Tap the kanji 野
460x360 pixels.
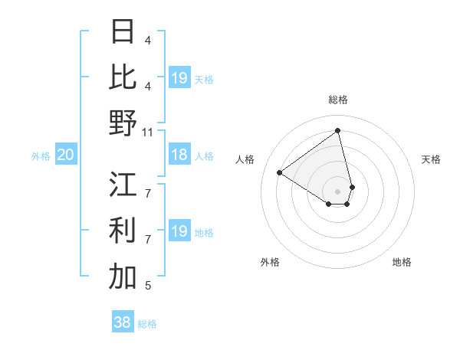coord(123,122)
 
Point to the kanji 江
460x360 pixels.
coord(123,185)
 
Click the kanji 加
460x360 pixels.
coord(123,277)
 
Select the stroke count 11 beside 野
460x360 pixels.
coord(148,132)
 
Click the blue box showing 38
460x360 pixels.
coord(122,322)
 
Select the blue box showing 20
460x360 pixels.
coord(65,155)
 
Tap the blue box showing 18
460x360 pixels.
coord(179,155)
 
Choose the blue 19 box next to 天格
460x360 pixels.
coord(179,78)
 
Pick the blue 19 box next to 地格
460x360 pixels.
coord(179,231)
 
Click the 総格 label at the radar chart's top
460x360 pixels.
coord(337,100)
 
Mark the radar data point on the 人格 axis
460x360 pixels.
coord(280,172)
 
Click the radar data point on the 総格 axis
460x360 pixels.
coord(337,130)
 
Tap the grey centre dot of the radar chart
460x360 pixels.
coord(337,190)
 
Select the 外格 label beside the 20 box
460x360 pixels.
coord(41,156)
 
